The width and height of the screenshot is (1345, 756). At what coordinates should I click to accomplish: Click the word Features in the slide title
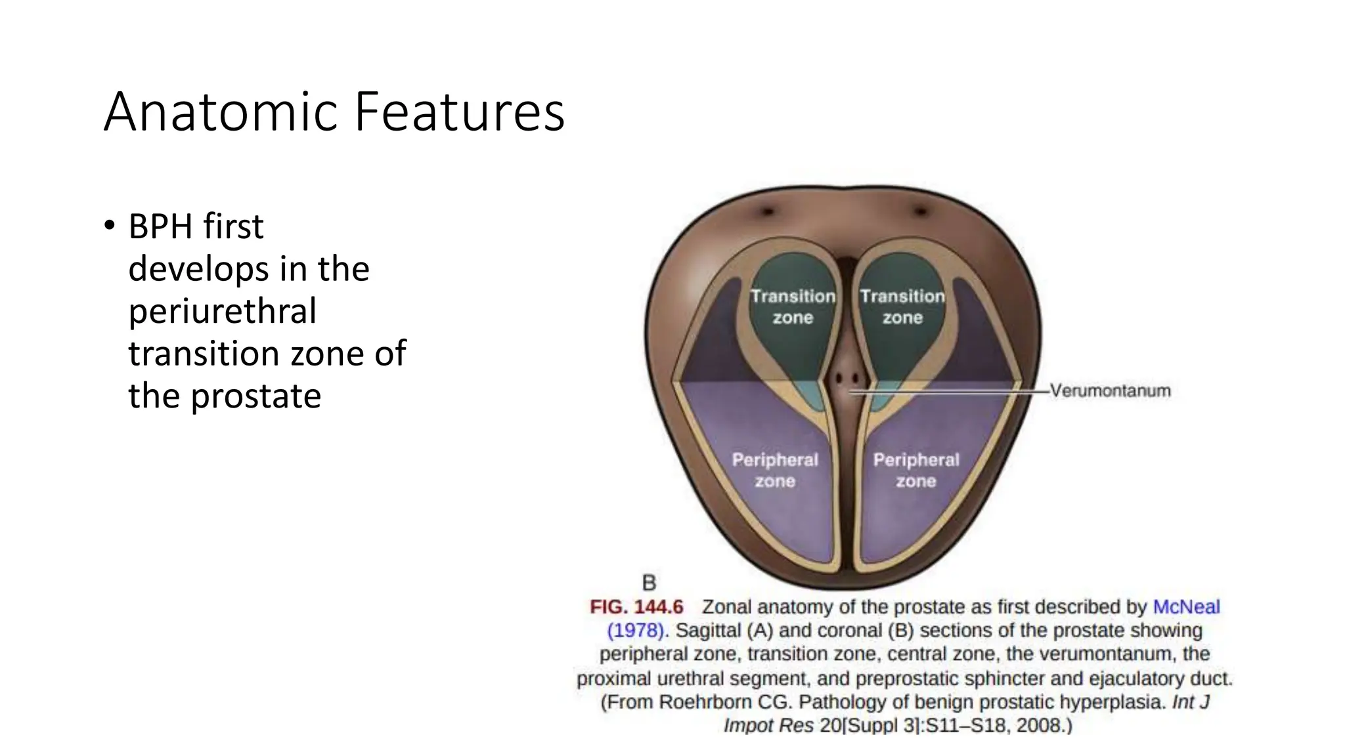[x=459, y=112]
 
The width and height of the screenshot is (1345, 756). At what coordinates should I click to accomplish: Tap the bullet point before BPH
[x=109, y=226]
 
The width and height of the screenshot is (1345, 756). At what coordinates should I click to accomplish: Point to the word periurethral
[x=222, y=311]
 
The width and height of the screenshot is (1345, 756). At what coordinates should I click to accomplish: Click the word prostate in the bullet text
[x=256, y=396]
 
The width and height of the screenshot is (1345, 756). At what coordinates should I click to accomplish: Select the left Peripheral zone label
[x=775, y=471]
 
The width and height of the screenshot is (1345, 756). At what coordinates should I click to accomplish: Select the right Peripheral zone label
[x=916, y=471]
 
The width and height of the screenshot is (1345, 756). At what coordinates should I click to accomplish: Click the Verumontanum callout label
[x=1110, y=391]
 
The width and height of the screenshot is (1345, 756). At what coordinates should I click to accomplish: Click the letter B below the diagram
[x=649, y=583]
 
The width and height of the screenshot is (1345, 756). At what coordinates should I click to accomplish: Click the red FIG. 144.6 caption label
[x=636, y=607]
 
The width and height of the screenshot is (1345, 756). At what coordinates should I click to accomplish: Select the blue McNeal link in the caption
[x=1186, y=607]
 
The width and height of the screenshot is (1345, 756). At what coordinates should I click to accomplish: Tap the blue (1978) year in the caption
[x=635, y=631]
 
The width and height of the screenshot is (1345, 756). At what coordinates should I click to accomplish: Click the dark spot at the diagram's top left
[x=768, y=212]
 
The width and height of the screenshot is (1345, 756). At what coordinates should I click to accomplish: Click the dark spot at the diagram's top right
[x=921, y=211]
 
